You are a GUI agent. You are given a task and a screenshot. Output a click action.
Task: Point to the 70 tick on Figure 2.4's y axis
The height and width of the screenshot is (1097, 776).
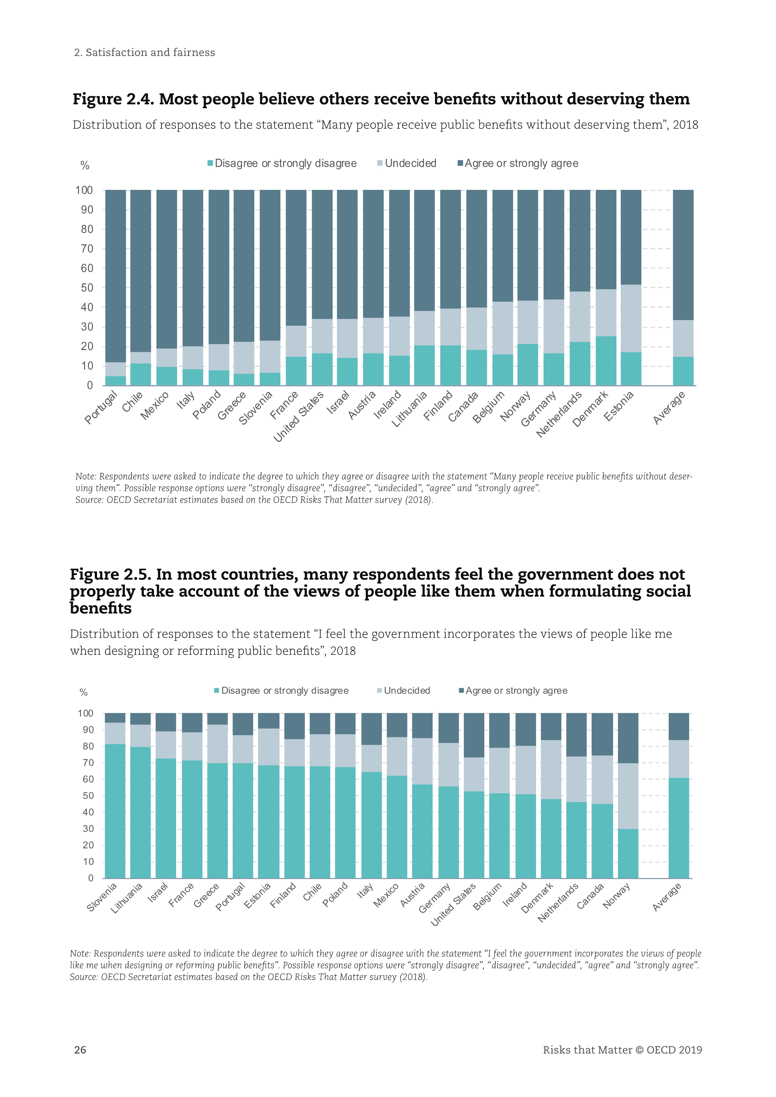[87, 248]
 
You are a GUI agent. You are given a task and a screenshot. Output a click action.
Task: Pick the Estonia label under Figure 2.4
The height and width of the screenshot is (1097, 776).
[619, 406]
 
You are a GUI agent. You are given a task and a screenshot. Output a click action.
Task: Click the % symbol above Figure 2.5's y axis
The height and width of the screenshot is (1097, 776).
[84, 692]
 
